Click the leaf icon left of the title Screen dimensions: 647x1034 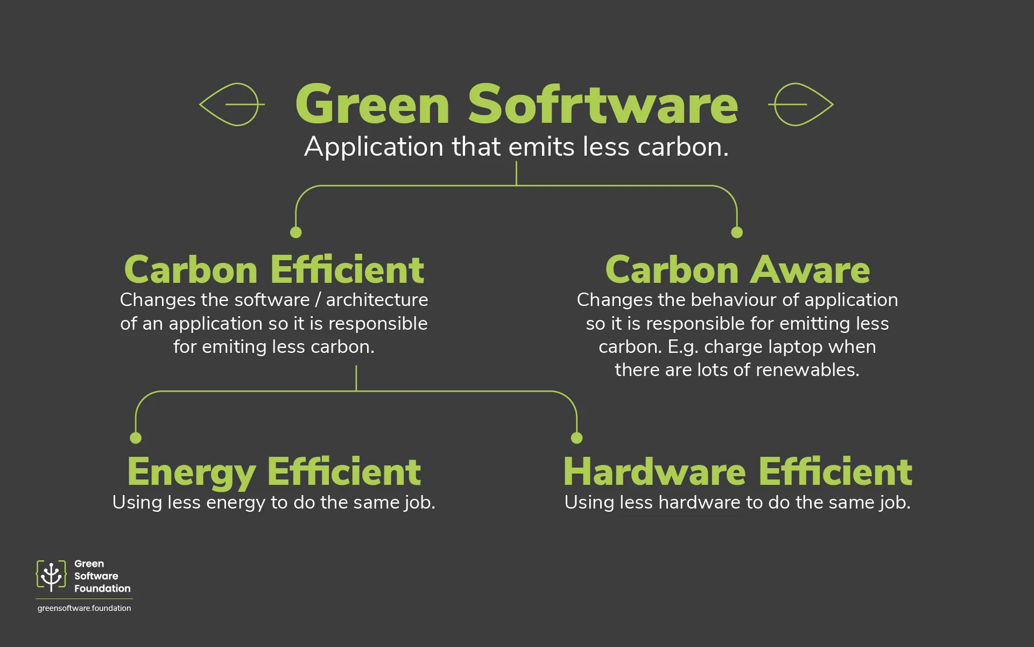(232, 105)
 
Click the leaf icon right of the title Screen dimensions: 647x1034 (800, 105)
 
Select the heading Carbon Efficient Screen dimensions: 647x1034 (274, 269)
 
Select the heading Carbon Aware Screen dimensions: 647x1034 (737, 269)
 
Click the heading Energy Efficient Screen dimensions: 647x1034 (274, 472)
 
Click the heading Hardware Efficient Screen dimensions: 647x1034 (737, 472)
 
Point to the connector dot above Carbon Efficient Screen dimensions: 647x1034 (296, 232)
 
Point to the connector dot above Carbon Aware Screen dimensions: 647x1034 (737, 232)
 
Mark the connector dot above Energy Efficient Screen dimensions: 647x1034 (136, 438)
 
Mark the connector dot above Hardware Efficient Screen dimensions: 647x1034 (576, 438)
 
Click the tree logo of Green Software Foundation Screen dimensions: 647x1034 (51, 576)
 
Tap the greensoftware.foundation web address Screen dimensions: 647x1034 (84, 608)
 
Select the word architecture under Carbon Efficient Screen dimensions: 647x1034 (377, 300)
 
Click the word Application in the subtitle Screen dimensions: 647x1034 (374, 147)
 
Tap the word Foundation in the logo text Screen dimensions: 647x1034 (102, 588)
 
